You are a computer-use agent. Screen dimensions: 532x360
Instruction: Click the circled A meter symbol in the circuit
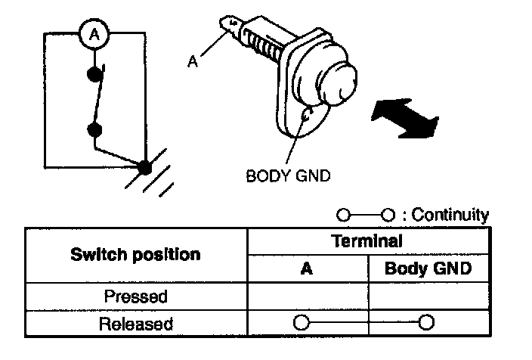coord(94,34)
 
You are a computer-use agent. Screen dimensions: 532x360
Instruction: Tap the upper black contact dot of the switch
coord(94,74)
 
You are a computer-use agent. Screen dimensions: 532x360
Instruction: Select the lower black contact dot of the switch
coord(94,130)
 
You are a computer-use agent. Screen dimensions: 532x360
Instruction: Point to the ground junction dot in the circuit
coord(145,167)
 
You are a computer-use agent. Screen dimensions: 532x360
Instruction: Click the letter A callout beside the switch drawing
coord(193,61)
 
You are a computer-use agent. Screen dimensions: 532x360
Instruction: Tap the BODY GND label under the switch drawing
coord(288,176)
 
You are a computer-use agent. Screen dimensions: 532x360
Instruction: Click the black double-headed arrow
coord(404,118)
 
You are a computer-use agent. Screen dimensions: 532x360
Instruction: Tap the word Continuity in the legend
coord(450,215)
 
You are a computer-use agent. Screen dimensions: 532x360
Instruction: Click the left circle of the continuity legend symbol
coord(343,215)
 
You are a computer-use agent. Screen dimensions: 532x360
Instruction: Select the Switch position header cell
coord(136,255)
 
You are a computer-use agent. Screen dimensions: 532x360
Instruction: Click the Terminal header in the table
coord(367,241)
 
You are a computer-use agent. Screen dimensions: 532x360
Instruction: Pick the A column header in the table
coord(307,268)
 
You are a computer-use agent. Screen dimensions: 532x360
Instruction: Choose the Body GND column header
coord(428,268)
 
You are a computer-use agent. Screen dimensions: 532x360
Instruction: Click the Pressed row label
coord(136,296)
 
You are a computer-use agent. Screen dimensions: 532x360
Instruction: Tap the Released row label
coord(136,324)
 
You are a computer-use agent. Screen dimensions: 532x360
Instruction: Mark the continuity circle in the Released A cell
coord(302,322)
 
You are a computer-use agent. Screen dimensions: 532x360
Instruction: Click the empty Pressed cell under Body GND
coord(428,296)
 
